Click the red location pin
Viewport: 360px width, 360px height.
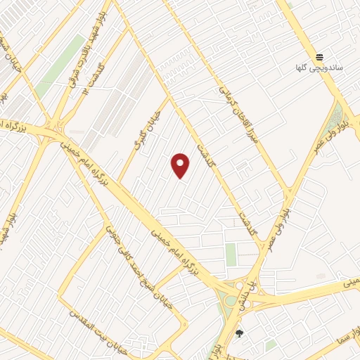180,165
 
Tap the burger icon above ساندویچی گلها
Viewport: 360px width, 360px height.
320,57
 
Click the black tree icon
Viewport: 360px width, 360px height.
239,334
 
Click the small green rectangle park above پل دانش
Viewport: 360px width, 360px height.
231,255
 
